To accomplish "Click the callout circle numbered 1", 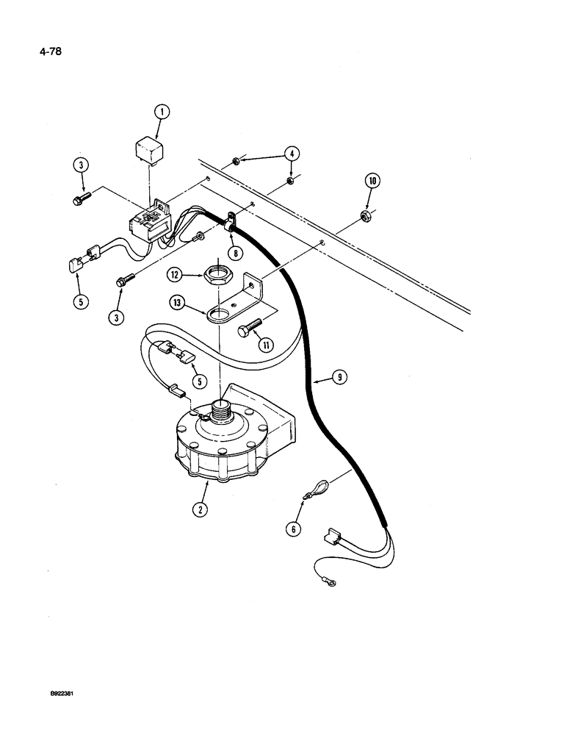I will coord(162,112).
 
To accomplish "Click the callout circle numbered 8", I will coord(234,252).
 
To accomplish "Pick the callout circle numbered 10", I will coord(372,181).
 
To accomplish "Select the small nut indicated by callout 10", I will coord(364,215).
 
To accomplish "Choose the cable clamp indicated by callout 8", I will coord(231,219).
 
